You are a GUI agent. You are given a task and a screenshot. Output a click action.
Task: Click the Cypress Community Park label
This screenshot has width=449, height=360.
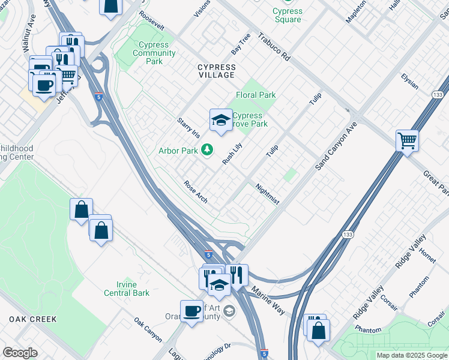[154, 53]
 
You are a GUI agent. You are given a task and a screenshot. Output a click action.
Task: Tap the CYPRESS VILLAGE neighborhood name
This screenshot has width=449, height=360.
[217, 71]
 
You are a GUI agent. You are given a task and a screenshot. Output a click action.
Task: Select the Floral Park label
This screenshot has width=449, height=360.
[256, 95]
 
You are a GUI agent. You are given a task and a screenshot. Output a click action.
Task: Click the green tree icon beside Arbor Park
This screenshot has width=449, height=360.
[207, 149]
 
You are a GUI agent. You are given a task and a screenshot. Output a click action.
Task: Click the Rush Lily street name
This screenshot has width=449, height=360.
[232, 154]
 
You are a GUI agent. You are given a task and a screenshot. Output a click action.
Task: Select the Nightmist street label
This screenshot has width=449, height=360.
[267, 194]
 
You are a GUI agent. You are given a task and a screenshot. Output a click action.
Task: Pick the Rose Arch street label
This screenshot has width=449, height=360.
[196, 192]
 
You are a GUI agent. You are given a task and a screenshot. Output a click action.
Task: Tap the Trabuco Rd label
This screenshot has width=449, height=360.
[274, 46]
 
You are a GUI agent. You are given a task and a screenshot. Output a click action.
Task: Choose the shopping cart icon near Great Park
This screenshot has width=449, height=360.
[408, 141]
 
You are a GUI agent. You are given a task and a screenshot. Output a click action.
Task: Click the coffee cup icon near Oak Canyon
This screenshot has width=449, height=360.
[191, 311]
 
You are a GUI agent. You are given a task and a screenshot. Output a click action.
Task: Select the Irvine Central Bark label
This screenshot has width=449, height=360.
[126, 289]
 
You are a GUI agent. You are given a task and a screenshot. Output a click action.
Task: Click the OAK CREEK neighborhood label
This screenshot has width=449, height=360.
[33, 319]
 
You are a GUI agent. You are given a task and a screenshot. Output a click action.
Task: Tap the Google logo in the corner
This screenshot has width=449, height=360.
[20, 353]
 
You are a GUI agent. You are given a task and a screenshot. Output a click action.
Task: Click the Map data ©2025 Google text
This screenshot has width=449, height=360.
[411, 355]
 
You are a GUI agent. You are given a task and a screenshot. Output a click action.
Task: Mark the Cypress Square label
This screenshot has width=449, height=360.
[287, 15]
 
